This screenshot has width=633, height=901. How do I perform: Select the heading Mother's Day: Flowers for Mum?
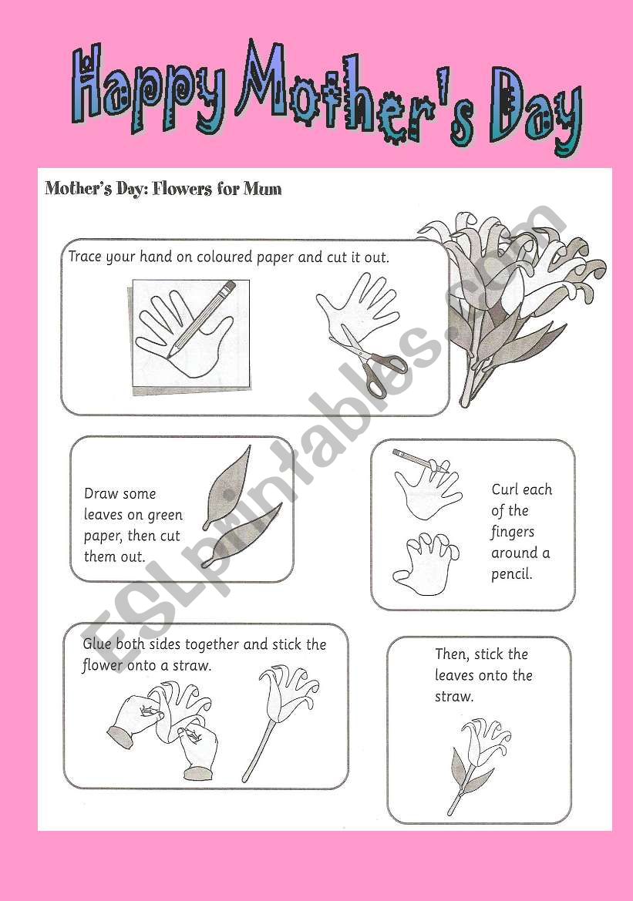(163, 189)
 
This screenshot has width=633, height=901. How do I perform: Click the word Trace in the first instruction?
(85, 257)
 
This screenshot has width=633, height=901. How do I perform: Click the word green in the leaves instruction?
(164, 515)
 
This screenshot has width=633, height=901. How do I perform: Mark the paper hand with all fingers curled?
(425, 563)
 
